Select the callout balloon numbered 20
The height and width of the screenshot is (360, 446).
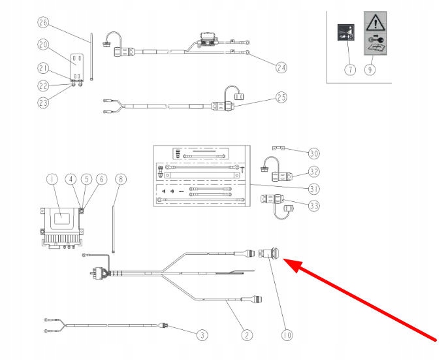(x=43, y=45)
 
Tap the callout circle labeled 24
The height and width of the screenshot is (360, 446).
(x=281, y=67)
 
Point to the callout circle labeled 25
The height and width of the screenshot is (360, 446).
(x=281, y=98)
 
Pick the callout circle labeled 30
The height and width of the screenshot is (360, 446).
(x=314, y=154)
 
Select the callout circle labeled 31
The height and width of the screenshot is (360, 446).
(x=314, y=189)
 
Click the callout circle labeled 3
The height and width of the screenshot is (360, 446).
(x=202, y=335)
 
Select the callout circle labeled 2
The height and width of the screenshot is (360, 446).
(x=246, y=335)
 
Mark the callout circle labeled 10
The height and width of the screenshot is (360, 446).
(x=286, y=335)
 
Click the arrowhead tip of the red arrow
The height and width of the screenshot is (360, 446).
(x=285, y=261)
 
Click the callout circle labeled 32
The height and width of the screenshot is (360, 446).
(x=314, y=172)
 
